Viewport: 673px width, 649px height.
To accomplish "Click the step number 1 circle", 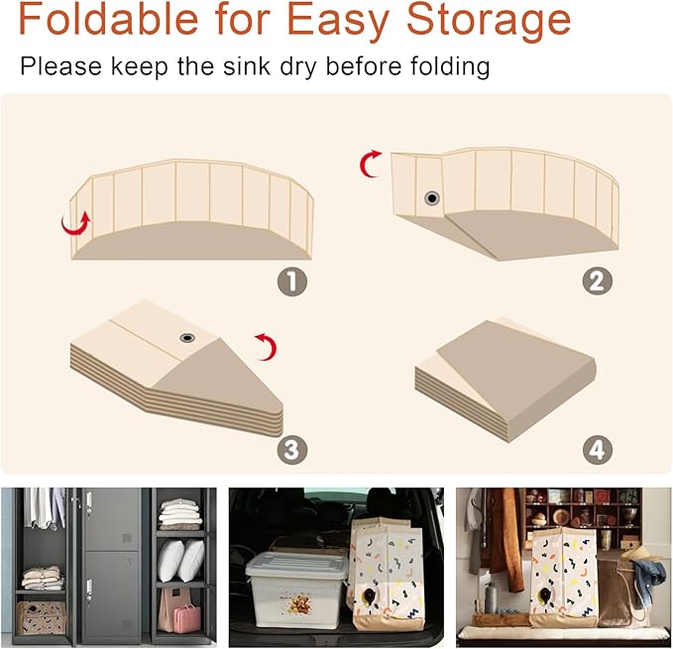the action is click(x=292, y=281).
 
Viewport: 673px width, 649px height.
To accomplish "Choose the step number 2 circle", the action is click(x=597, y=281).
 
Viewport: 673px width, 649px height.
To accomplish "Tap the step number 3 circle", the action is click(x=291, y=450).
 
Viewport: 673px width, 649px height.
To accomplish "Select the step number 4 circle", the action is click(x=597, y=450).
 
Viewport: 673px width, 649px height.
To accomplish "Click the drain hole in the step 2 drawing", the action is click(x=432, y=198).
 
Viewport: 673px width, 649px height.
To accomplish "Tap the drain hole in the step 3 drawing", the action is click(x=187, y=338).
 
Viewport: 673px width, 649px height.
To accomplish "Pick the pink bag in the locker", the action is click(x=187, y=617).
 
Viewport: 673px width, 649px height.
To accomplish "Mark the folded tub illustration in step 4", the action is click(x=505, y=379).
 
